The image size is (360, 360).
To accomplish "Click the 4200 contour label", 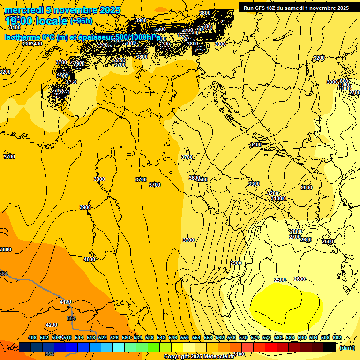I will coord(51,325).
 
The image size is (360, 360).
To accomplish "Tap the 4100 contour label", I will coord(66,302).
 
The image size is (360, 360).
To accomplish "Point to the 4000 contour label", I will coord(89,259).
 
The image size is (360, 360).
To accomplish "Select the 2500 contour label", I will coord(279,280).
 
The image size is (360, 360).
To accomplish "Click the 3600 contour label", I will coord(194,178).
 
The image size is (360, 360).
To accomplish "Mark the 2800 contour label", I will coord(295,231).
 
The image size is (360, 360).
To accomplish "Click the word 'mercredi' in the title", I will coord(23,10).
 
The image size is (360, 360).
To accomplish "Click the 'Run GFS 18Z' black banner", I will coord(294,7).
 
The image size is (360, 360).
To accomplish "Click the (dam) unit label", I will coord(346,348).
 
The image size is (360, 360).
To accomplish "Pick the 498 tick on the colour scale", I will coord(32,337).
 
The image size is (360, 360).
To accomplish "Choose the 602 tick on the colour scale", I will coord(337,337).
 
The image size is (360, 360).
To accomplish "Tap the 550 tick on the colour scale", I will coord(185,337).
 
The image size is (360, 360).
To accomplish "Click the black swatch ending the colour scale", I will coord(330,347).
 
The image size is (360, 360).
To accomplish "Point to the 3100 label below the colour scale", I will coord(238,354).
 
